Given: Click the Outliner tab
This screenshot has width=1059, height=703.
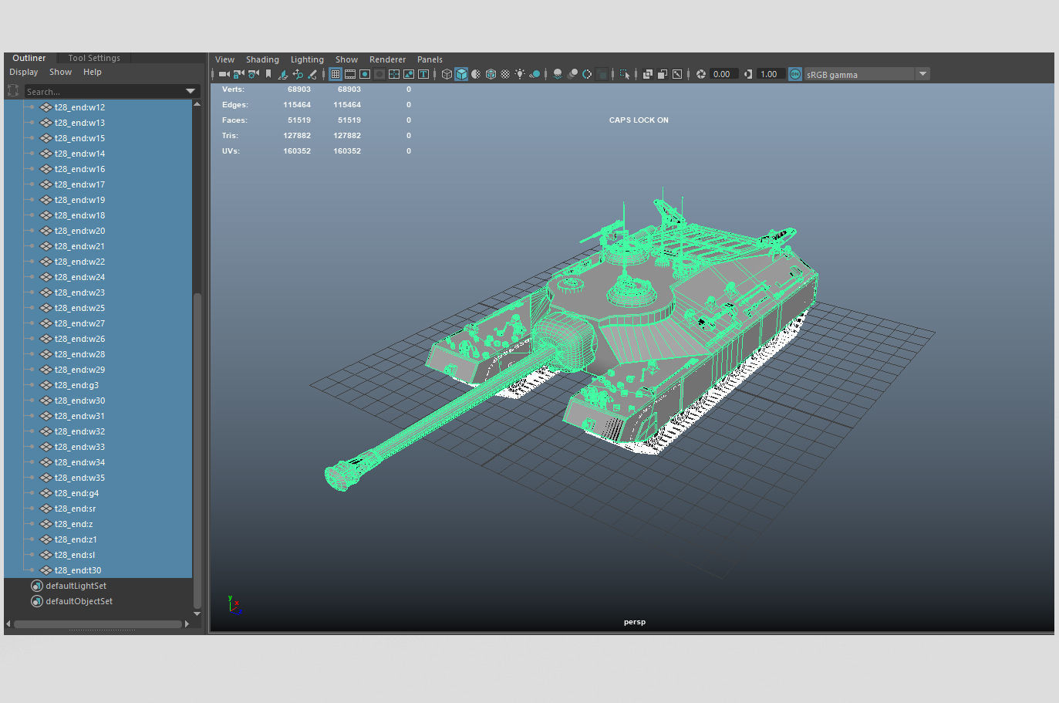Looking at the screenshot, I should [x=29, y=58].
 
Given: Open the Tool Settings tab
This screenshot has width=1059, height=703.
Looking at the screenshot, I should [x=94, y=58].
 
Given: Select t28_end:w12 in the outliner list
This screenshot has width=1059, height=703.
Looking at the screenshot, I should [x=79, y=107].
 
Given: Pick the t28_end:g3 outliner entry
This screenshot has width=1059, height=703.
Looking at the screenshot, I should [x=76, y=385].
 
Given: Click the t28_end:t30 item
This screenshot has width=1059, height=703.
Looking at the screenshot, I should [x=78, y=570].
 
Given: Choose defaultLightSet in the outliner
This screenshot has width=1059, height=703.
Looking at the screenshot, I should [x=76, y=586].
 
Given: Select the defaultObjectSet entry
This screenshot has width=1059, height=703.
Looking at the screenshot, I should [x=79, y=601].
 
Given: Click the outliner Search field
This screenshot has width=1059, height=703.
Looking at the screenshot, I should [x=104, y=92].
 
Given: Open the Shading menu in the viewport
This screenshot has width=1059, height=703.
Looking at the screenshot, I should [x=262, y=59].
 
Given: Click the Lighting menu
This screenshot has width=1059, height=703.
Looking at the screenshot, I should [x=307, y=59].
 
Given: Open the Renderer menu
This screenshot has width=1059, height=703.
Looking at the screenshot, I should [x=387, y=59].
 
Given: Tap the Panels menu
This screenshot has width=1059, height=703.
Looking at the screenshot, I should [x=430, y=59].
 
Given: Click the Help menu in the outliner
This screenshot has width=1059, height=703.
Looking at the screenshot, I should [x=93, y=72].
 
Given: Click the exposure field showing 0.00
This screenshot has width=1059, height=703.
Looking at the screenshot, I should [x=722, y=74].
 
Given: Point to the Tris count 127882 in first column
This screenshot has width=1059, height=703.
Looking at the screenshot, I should [x=297, y=136].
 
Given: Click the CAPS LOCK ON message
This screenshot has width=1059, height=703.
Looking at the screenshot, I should [x=639, y=120].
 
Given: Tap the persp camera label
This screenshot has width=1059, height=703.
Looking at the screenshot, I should [x=635, y=622].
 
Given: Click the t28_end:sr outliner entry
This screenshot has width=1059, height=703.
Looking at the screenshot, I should [x=75, y=509].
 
